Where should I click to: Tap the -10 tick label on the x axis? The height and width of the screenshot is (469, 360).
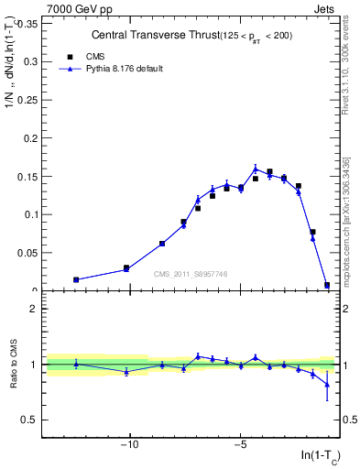[x=129, y=445]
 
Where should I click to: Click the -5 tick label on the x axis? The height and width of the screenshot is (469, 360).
[x=240, y=445]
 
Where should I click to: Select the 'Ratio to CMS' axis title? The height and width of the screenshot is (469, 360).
[x=14, y=365]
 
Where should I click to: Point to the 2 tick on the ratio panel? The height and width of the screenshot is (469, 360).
[x=34, y=309]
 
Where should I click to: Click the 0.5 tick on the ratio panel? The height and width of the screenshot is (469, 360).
[x=29, y=420]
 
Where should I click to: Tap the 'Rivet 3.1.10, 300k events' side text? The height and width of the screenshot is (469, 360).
[x=349, y=73]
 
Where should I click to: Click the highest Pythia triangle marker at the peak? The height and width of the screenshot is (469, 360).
[x=256, y=169]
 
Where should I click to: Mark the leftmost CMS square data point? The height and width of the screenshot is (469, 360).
[x=76, y=279]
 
